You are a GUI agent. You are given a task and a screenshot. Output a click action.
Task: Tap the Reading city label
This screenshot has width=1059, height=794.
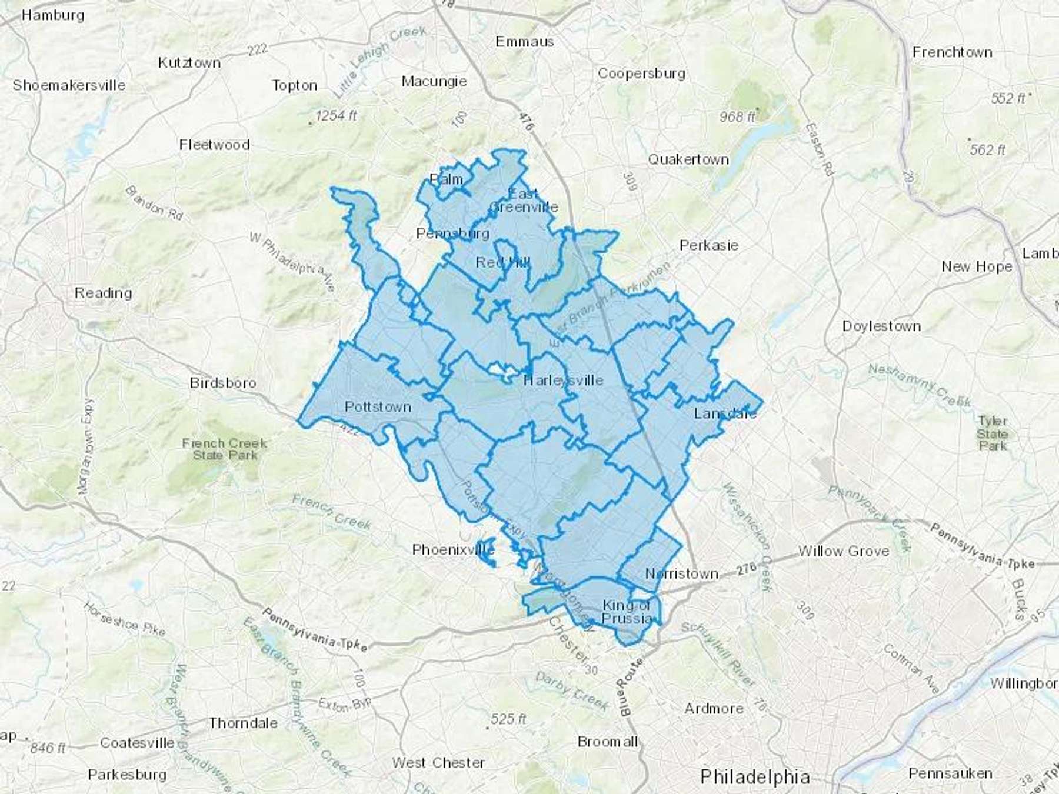tap(103, 293)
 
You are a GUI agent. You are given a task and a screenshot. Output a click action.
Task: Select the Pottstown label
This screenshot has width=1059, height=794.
tap(378, 407)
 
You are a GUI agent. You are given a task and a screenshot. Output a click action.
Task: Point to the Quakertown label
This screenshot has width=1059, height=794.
tap(688, 159)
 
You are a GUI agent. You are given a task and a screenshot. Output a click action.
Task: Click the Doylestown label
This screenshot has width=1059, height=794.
tap(881, 326)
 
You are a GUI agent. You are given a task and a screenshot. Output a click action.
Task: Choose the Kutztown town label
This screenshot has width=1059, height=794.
tap(189, 63)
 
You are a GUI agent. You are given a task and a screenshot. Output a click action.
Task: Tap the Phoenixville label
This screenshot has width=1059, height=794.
tap(453, 550)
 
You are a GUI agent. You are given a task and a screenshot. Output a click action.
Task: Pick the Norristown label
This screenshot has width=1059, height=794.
tap(682, 573)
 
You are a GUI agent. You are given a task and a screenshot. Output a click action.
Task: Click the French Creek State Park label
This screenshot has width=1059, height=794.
tap(225, 449)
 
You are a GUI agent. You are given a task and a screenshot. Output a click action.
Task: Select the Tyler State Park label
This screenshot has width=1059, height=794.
tap(993, 433)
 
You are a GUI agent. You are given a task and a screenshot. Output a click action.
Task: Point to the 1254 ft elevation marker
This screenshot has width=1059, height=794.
tap(335, 116)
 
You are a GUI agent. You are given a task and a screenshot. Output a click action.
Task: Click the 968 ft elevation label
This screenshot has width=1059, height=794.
tap(737, 117)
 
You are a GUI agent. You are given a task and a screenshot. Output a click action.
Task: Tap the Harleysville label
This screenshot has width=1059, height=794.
tap(563, 380)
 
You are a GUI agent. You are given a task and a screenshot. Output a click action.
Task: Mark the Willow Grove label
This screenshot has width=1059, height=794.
tap(843, 551)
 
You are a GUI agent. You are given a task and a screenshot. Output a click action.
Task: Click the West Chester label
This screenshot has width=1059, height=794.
tap(438, 763)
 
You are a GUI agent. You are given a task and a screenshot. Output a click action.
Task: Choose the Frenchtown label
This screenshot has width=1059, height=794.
tap(952, 52)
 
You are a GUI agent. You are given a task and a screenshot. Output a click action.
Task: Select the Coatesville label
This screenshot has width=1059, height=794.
tap(137, 743)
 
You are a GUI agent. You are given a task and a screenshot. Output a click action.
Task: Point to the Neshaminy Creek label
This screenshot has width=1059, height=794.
tap(920, 385)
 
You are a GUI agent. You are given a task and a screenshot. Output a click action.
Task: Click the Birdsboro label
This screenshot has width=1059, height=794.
tap(223, 383)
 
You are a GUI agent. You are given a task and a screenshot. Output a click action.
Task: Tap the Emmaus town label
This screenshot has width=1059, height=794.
tap(524, 42)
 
